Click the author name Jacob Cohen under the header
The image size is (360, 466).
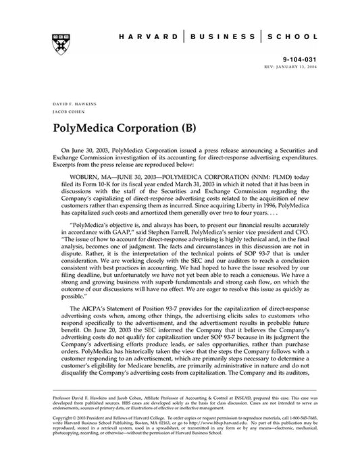[65, 113]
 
